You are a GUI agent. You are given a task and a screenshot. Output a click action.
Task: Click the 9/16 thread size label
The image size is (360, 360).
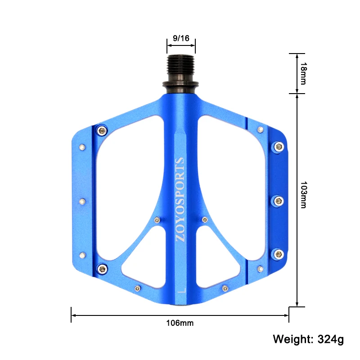(181, 38)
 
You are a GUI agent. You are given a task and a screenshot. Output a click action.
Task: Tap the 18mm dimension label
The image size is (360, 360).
(303, 73)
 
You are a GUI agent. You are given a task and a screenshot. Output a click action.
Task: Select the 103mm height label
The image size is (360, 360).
(303, 195)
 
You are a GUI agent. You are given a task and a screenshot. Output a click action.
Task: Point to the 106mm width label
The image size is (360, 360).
(180, 323)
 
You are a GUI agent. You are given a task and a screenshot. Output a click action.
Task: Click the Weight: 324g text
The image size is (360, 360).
(308, 339)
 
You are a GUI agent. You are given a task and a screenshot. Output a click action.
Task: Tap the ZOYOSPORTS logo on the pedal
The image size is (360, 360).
(180, 199)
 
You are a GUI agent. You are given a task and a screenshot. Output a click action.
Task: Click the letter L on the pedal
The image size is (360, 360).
(182, 290)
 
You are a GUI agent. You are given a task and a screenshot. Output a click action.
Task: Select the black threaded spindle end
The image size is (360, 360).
(181, 68)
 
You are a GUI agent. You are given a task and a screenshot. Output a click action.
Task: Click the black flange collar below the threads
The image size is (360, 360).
(181, 85)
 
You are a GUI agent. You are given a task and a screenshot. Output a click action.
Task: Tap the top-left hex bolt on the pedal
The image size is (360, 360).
(102, 131)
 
